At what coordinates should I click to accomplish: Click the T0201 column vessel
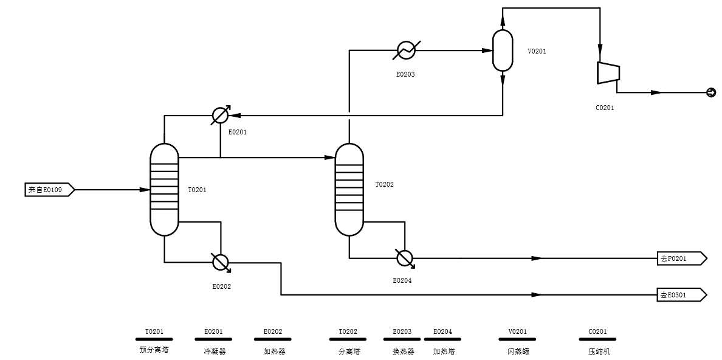[164, 190]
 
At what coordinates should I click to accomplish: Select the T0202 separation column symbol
[349, 190]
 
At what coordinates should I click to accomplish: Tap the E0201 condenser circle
[220, 115]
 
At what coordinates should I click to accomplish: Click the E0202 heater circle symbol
[220, 262]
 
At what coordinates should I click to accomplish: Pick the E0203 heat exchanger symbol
[405, 50]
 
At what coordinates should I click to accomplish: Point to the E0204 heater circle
[405, 258]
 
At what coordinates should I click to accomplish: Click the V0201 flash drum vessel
[503, 50]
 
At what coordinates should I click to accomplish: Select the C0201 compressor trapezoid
[608, 73]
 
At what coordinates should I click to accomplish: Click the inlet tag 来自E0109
[49, 190]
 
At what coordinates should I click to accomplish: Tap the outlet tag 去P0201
[681, 258]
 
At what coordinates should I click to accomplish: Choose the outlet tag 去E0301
[681, 295]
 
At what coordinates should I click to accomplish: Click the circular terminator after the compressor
[710, 92]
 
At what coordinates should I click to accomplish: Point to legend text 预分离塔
[154, 351]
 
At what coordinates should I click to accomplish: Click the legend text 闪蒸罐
[517, 351]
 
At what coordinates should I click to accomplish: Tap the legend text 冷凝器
[214, 351]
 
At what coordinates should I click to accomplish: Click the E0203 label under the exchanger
[405, 74]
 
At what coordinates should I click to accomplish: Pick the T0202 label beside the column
[384, 184]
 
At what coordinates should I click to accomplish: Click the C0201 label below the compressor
[605, 108]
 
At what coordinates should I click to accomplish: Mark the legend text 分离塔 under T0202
[349, 351]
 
